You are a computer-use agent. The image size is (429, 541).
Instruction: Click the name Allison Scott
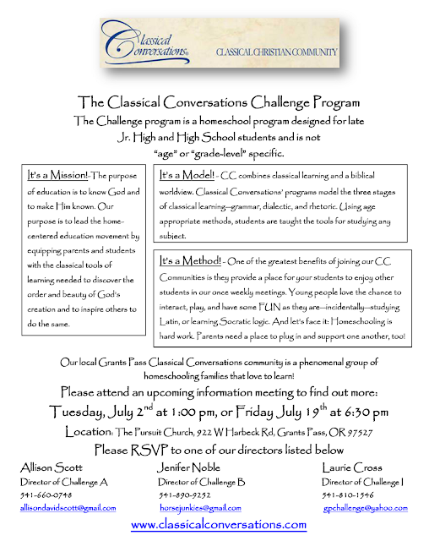coord(50,467)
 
